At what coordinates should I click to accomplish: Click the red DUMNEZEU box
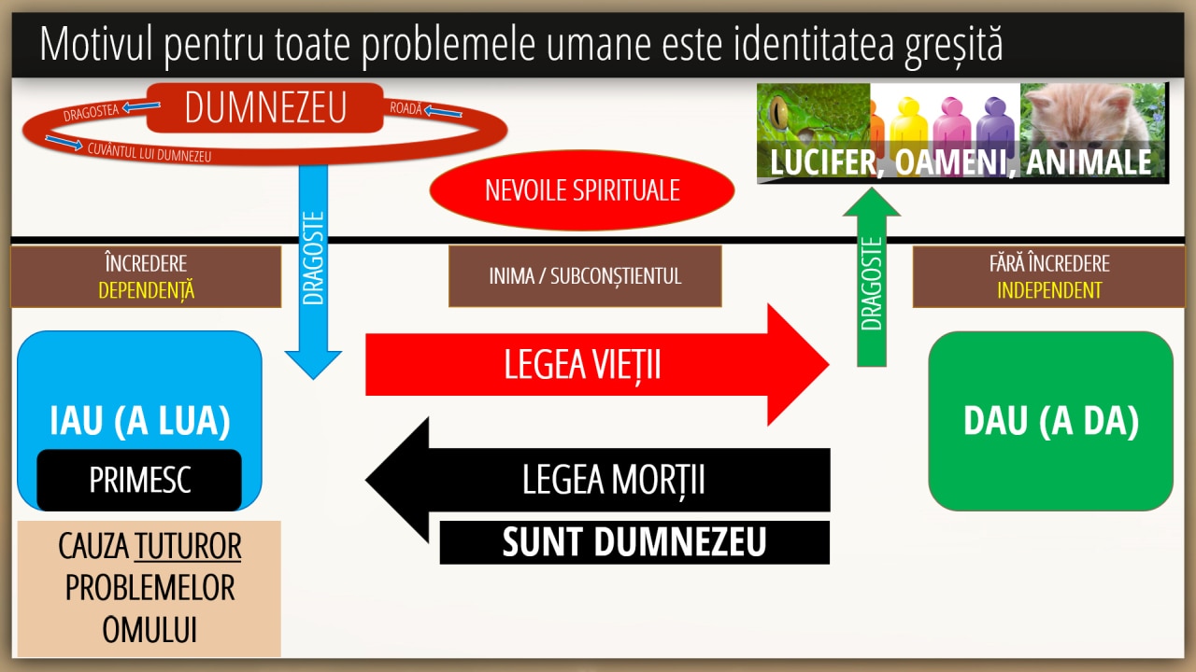click(264, 107)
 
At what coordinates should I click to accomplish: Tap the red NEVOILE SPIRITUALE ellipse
click(582, 189)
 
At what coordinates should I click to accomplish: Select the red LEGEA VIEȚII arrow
click(597, 365)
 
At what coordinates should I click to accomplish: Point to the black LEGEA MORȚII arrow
click(597, 480)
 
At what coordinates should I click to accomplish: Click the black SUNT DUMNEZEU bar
click(634, 542)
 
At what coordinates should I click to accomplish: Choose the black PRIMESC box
click(139, 480)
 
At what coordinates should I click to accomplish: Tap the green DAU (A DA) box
click(1051, 421)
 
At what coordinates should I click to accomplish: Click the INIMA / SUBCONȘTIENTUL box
click(585, 276)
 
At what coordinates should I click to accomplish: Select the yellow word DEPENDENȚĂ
click(147, 290)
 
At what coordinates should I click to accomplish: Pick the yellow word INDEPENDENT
click(1049, 290)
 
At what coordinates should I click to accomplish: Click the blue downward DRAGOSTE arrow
click(313, 272)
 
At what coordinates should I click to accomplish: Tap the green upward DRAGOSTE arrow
click(872, 277)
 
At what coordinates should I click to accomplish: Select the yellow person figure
click(909, 128)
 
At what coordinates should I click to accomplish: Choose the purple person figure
click(995, 128)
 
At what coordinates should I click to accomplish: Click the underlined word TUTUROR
click(188, 547)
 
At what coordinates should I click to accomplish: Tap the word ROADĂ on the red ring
click(406, 108)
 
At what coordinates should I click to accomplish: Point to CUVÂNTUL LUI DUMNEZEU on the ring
click(149, 152)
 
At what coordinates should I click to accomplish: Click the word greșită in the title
click(954, 45)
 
